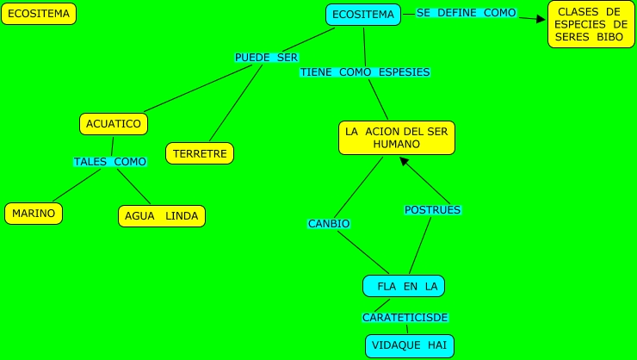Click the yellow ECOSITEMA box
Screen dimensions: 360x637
[x=39, y=14]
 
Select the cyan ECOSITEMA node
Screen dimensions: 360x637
[x=363, y=15]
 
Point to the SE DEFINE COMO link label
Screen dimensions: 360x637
[x=466, y=13]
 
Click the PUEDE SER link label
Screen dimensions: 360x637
[x=266, y=57]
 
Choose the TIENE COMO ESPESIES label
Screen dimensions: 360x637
[x=364, y=72]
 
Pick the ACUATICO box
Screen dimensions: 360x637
[x=114, y=124]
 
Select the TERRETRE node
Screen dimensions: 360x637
[x=200, y=154]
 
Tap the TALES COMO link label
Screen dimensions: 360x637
[x=110, y=161]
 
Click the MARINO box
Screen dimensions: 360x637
[x=34, y=214]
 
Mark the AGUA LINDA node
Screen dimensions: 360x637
[x=162, y=215]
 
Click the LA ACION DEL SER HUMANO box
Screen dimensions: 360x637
[x=397, y=138]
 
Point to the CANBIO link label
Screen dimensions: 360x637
[x=329, y=224]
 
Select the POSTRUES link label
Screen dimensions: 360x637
[x=432, y=209]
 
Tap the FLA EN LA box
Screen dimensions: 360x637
[x=404, y=286]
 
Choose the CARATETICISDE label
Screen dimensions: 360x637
[x=405, y=318]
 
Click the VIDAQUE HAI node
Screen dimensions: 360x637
[x=408, y=345]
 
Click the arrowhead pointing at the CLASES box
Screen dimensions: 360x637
[x=541, y=17]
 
